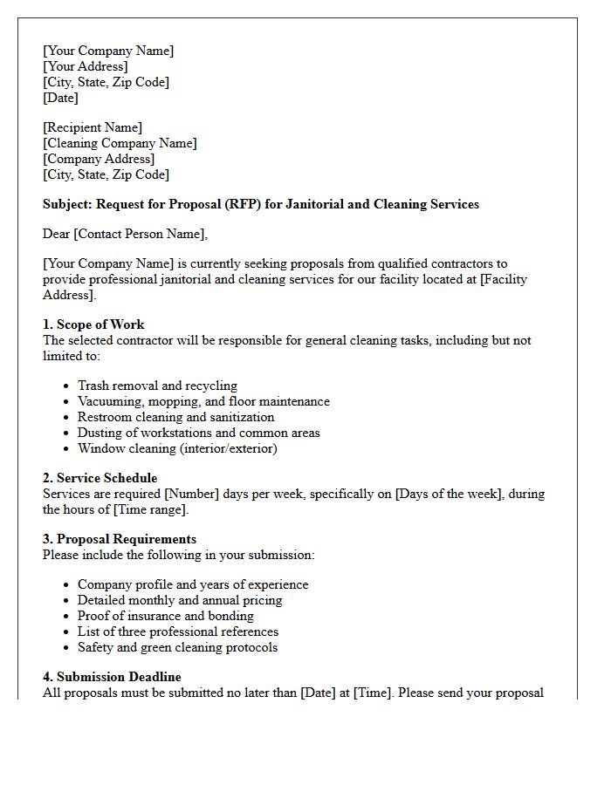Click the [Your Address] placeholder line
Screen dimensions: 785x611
click(86, 66)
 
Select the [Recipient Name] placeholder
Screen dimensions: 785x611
click(93, 127)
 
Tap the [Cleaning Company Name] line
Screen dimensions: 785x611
click(120, 143)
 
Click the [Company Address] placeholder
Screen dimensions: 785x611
click(99, 159)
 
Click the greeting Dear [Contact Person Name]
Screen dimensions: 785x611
click(126, 234)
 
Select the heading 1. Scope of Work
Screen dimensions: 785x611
click(93, 324)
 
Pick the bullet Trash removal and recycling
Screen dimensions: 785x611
click(157, 386)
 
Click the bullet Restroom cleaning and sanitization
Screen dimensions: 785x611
click(175, 417)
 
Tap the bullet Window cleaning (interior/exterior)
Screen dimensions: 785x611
click(177, 448)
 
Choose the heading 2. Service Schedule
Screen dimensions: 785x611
click(100, 478)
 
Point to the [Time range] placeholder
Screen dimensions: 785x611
click(150, 509)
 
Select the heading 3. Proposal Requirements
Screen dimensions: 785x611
click(120, 539)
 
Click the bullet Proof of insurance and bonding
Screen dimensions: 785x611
click(166, 616)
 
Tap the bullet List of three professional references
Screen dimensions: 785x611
click(178, 631)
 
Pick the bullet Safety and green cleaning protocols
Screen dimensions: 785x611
click(177, 647)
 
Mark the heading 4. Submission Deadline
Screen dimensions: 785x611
click(112, 677)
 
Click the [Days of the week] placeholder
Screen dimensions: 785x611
click(450, 494)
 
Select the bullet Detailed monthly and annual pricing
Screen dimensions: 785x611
click(180, 600)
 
